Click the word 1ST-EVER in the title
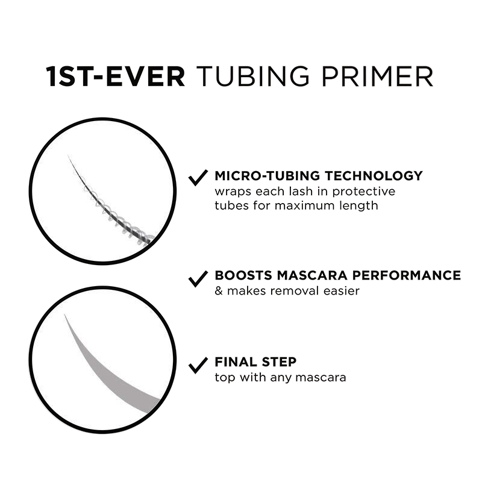(x=116, y=77)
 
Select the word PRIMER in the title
(x=377, y=77)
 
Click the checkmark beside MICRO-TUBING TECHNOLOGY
(x=198, y=178)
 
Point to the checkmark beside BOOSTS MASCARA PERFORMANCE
(x=198, y=279)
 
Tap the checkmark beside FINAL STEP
(x=198, y=365)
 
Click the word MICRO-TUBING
(x=268, y=176)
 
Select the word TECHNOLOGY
(x=374, y=176)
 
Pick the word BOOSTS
(x=243, y=275)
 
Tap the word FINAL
(x=236, y=362)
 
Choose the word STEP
(x=279, y=362)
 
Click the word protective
(x=364, y=192)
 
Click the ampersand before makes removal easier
(x=219, y=291)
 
